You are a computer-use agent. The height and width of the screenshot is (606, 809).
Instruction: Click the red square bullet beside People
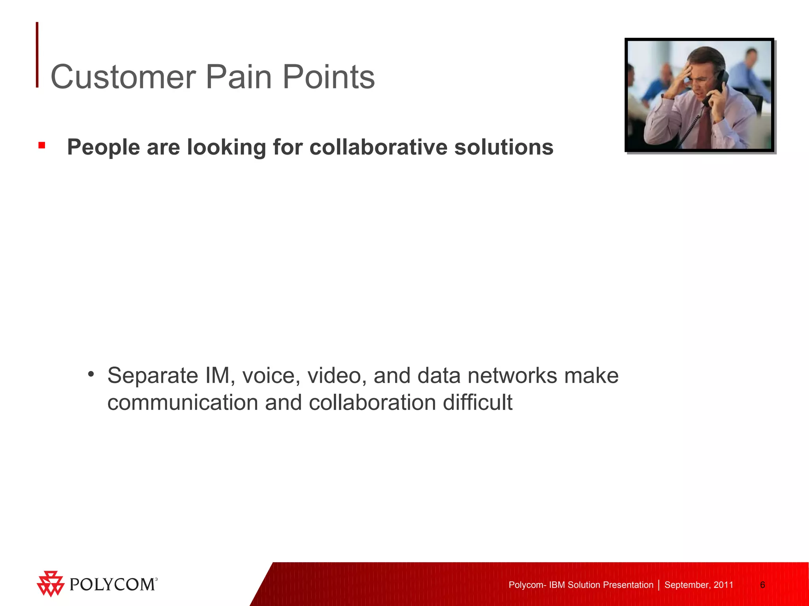click(x=42, y=146)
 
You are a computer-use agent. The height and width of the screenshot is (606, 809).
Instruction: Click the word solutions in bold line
click(x=504, y=147)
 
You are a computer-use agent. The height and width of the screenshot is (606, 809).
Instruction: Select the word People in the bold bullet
click(x=103, y=147)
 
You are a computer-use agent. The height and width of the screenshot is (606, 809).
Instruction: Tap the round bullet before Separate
click(x=91, y=374)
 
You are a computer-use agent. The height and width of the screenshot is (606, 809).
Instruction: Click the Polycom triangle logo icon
click(x=50, y=584)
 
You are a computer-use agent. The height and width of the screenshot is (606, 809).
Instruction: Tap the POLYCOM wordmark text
click(x=113, y=584)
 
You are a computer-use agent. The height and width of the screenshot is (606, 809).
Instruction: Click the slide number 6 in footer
click(x=762, y=585)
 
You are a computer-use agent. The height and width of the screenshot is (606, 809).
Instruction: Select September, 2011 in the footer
click(x=698, y=585)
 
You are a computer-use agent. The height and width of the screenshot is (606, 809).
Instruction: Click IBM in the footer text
click(x=557, y=585)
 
